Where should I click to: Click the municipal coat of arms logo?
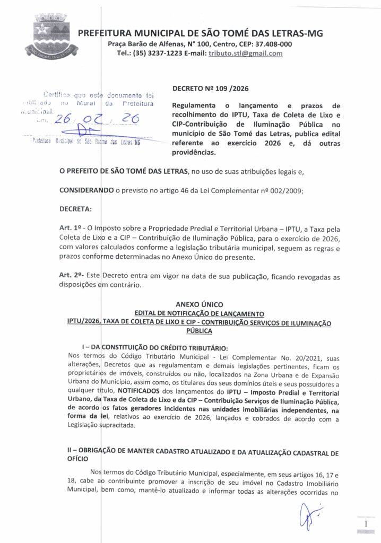(x=51, y=37)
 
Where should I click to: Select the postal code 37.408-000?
(x=271, y=44)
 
